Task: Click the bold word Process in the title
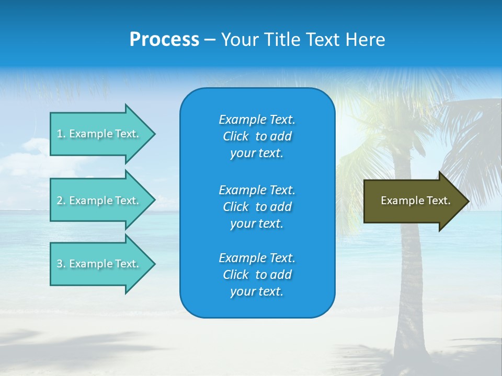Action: [x=164, y=40]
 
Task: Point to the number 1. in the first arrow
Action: [x=61, y=134]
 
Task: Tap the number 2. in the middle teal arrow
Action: [x=61, y=201]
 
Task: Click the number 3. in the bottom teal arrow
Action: [x=61, y=264]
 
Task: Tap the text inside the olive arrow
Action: [x=416, y=201]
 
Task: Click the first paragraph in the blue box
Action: [x=257, y=136]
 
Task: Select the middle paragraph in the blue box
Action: [x=257, y=207]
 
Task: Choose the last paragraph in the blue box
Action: [x=257, y=275]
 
